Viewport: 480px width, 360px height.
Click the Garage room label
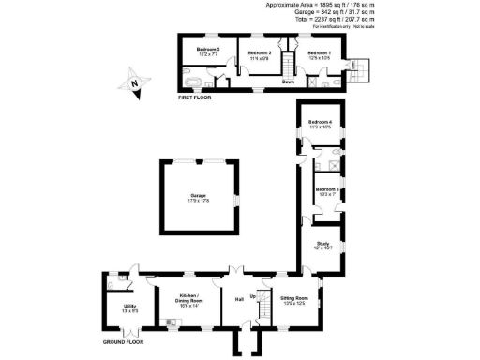(x=198, y=197)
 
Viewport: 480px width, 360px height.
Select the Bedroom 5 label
(x=326, y=191)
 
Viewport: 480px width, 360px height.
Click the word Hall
(x=238, y=299)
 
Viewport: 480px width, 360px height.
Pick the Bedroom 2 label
(x=260, y=54)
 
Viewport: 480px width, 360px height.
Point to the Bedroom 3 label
(x=207, y=50)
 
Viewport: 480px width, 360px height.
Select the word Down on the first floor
(x=289, y=82)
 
